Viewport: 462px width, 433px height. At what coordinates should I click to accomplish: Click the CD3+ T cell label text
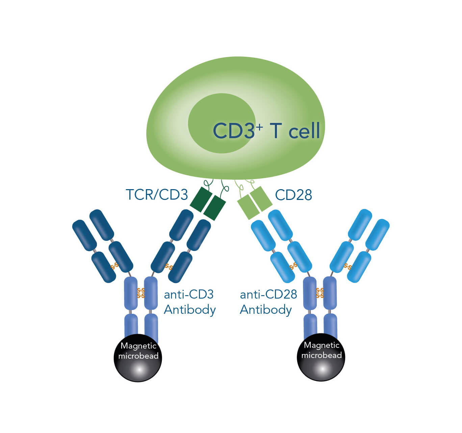[x=266, y=130]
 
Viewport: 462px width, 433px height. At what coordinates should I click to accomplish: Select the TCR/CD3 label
[x=156, y=195]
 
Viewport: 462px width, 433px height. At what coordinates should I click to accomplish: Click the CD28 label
[x=293, y=195]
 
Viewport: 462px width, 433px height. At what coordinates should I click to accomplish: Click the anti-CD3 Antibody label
[x=189, y=302]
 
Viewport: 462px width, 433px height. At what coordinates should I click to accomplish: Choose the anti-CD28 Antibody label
[x=268, y=302]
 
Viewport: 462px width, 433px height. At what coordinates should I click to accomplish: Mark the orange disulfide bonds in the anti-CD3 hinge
[x=141, y=293]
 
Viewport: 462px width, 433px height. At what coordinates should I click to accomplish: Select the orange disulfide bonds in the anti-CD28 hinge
[x=320, y=293]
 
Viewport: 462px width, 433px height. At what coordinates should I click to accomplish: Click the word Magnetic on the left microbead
[x=138, y=346]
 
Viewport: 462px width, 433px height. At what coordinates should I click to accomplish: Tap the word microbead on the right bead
[x=322, y=355]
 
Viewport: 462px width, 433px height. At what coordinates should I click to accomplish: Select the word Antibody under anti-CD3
[x=190, y=310]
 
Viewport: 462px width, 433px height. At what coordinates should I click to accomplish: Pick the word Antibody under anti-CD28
[x=266, y=310]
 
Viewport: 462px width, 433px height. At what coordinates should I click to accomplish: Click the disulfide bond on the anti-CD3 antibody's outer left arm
[x=114, y=266]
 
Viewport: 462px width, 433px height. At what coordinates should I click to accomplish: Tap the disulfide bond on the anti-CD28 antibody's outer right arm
[x=348, y=266]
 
